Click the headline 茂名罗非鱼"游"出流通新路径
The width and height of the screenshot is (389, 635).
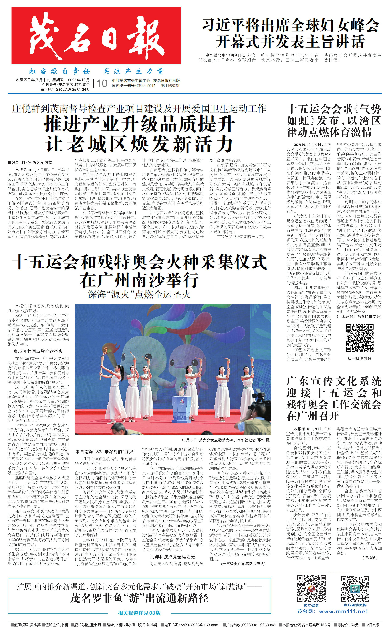139,598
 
